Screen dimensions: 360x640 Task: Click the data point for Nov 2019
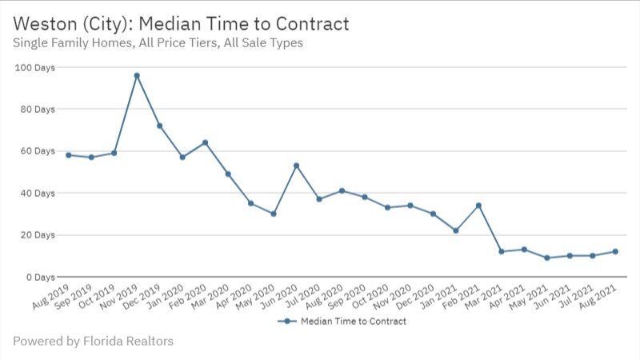pos(137,76)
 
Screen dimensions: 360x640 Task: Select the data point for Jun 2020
pos(296,166)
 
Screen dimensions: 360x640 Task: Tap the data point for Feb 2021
pos(478,206)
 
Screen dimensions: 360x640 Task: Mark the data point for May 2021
pos(546,258)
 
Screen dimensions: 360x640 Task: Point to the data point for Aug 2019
pos(69,155)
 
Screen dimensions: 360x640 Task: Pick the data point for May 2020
pos(274,214)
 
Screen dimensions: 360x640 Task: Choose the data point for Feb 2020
pos(206,142)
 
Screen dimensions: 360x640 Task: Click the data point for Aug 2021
pos(614,251)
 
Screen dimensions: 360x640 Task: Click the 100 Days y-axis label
pos(34,67)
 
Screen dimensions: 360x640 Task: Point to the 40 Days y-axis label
pos(37,193)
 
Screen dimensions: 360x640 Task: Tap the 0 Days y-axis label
pos(40,277)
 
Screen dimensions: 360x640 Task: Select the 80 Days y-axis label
pos(37,109)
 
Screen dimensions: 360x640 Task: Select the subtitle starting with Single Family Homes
pos(158,43)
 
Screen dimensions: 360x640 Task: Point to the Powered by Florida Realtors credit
pos(93,342)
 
